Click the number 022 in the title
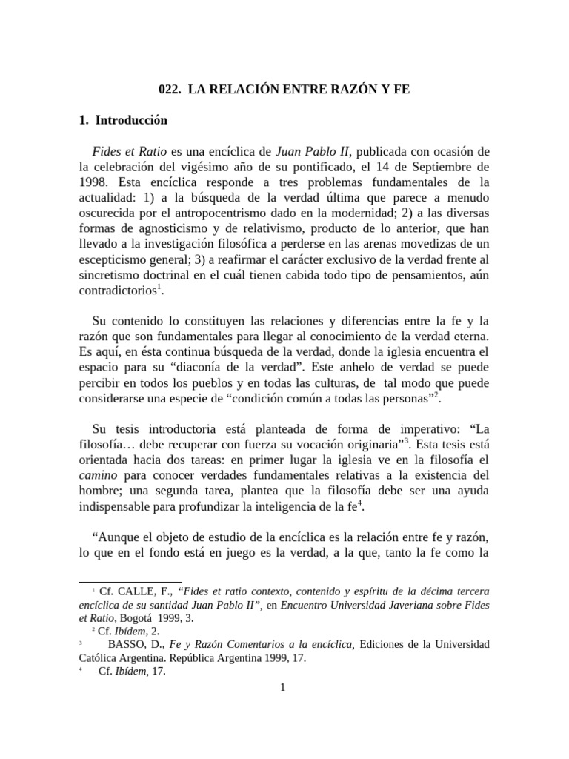point(170,89)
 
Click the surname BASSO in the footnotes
point(129,645)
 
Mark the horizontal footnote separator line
point(130,581)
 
